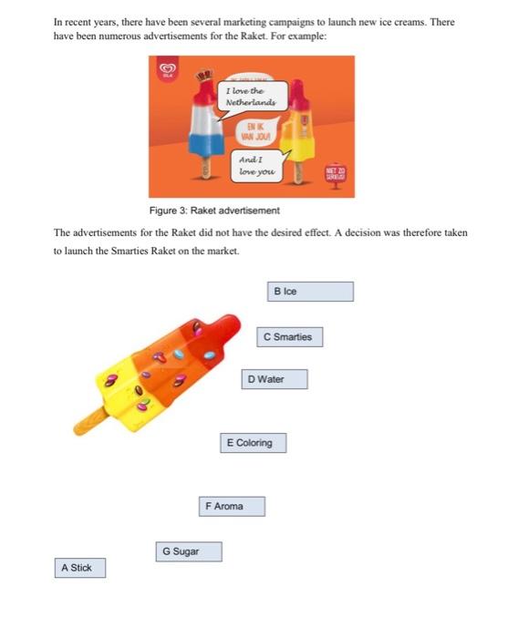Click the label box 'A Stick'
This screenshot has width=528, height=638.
pos(77,568)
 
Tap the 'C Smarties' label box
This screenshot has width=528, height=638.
pos(288,337)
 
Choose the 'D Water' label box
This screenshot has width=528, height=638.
pos(274,379)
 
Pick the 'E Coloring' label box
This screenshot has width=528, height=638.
pos(254,443)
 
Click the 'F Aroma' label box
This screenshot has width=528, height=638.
pos(232,506)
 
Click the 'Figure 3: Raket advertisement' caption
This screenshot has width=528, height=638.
pos(214,211)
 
